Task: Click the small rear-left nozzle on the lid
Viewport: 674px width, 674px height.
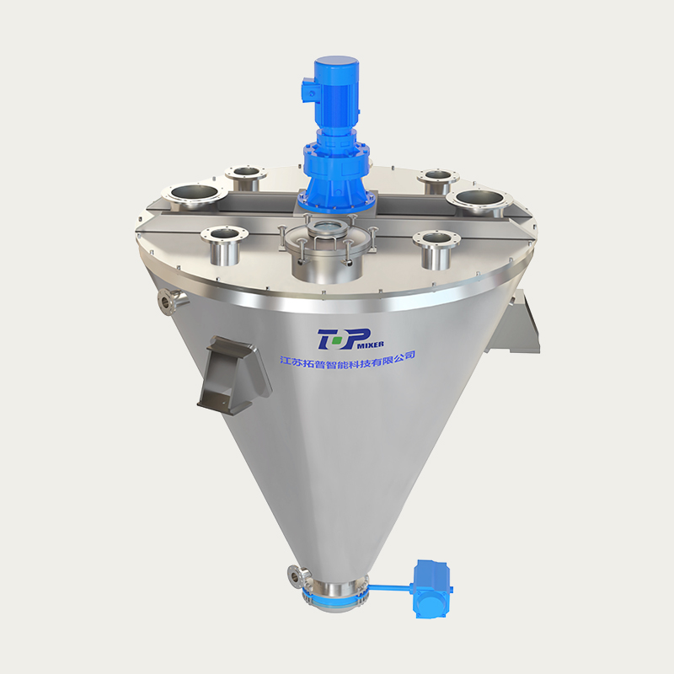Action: pos(245,178)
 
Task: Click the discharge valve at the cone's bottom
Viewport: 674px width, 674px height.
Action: pos(335,594)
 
